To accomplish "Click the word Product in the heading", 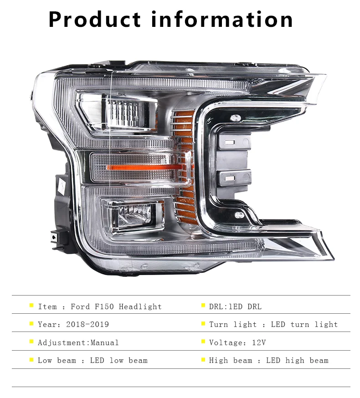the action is pyautogui.click(x=94, y=19).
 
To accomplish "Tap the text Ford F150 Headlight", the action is pyautogui.click(x=116, y=306).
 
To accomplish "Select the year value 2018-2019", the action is pyautogui.click(x=87, y=324).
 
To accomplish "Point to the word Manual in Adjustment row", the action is pyautogui.click(x=104, y=342).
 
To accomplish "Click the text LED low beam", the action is pyautogui.click(x=118, y=361).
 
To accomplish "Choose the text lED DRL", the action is pyautogui.click(x=235, y=306).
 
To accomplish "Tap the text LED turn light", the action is pyautogui.click(x=304, y=324).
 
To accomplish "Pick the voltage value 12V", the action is pyautogui.click(x=259, y=342).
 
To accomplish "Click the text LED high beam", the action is pyautogui.click(x=297, y=361).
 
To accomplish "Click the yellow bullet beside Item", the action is pyautogui.click(x=31, y=306).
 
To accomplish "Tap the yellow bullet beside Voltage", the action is pyautogui.click(x=203, y=342).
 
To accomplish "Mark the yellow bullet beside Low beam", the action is pyautogui.click(x=31, y=359).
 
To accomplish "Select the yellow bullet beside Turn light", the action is pyautogui.click(x=203, y=323).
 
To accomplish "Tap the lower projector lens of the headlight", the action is pyautogui.click(x=133, y=213).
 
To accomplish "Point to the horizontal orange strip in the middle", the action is pyautogui.click(x=144, y=167).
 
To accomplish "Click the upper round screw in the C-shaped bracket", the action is pyautogui.click(x=235, y=118).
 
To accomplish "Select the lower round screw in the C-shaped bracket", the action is pyautogui.click(x=239, y=215).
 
